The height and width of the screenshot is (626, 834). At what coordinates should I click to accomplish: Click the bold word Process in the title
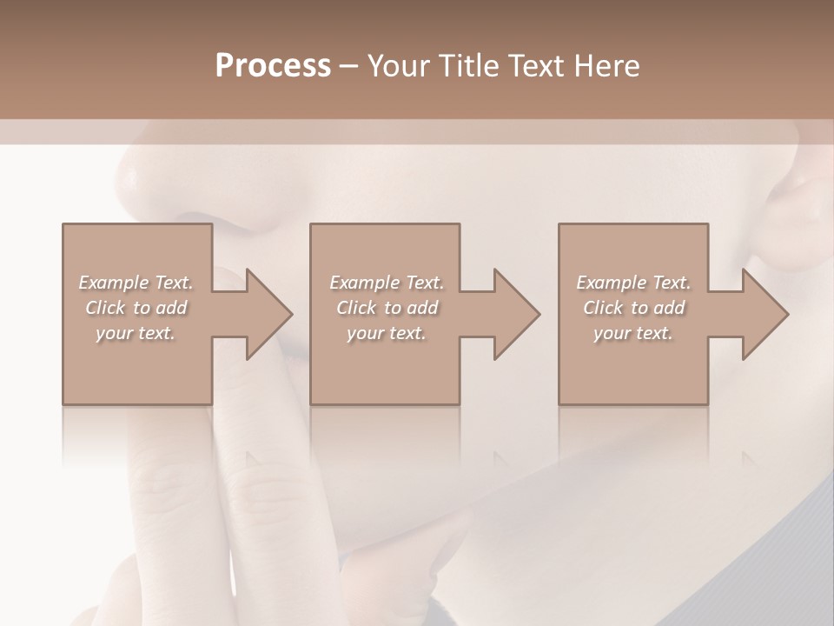[273, 65]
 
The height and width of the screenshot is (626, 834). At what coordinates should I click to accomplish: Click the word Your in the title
[399, 65]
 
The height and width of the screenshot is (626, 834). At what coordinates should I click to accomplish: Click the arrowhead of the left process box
[265, 314]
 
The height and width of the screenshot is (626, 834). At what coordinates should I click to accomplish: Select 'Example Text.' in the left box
[136, 283]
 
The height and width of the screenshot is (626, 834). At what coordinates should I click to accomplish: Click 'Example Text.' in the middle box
[387, 283]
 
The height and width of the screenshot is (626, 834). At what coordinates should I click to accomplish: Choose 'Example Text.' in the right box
[633, 283]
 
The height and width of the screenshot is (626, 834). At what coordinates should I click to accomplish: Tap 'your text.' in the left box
[136, 333]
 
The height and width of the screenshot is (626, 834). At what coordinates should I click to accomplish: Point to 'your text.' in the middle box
[387, 333]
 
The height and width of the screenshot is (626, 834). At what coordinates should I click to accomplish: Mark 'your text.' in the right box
[633, 333]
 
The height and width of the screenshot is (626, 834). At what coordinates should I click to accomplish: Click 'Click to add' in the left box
[136, 308]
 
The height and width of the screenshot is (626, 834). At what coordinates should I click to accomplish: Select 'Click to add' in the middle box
[387, 308]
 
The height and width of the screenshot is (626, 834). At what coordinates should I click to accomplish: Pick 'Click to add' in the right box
[633, 308]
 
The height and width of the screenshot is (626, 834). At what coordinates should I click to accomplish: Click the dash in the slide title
[350, 67]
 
